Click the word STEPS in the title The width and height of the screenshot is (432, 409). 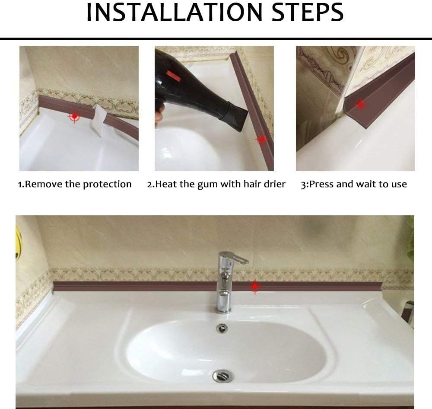tap(308, 12)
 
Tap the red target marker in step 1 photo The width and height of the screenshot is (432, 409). tap(74, 116)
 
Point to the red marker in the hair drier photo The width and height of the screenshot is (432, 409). tap(262, 140)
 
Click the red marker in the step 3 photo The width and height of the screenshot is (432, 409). tap(361, 105)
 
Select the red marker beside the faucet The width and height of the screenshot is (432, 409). tap(255, 287)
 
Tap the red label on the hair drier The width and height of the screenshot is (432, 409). tap(173, 76)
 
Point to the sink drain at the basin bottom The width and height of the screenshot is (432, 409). tap(223, 376)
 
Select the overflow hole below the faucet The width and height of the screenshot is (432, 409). tap(222, 328)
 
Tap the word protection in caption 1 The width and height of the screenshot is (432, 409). tap(107, 185)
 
